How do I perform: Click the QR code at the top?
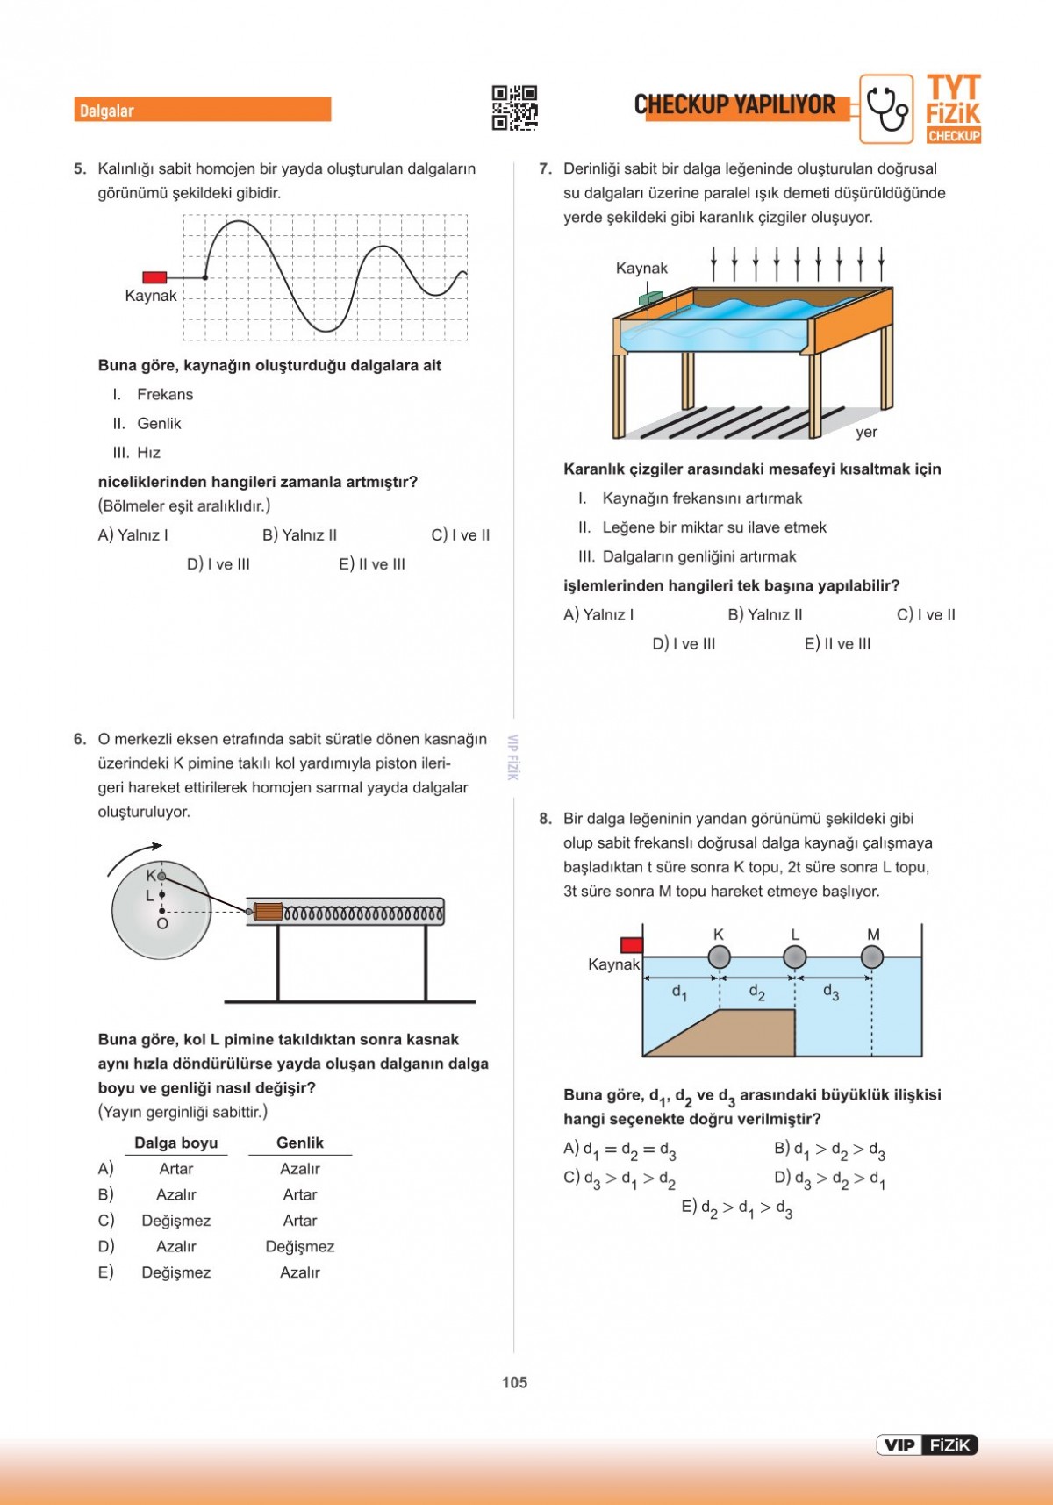pyautogui.click(x=514, y=108)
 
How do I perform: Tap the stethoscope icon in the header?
pyautogui.click(x=886, y=109)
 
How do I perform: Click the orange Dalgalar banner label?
pyautogui.click(x=202, y=110)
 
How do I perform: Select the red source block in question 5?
pyautogui.click(x=154, y=277)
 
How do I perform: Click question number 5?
pyautogui.click(x=80, y=168)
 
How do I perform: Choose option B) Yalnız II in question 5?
pyautogui.click(x=299, y=534)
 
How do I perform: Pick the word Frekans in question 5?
pyautogui.click(x=165, y=394)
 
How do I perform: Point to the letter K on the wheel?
pyautogui.click(x=151, y=875)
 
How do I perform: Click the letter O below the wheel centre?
pyautogui.click(x=162, y=924)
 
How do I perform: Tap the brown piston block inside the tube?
pyautogui.click(x=268, y=912)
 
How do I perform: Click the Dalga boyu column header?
pyautogui.click(x=175, y=1143)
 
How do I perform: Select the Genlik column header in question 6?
pyautogui.click(x=300, y=1143)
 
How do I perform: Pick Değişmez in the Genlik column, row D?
pyautogui.click(x=300, y=1246)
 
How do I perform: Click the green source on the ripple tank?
pyautogui.click(x=650, y=299)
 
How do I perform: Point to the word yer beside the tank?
pyautogui.click(x=866, y=432)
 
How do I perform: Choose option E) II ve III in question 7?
pyautogui.click(x=837, y=643)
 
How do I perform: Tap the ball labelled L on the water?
pyautogui.click(x=795, y=957)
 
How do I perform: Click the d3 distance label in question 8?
pyautogui.click(x=831, y=992)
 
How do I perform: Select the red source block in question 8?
pyautogui.click(x=632, y=945)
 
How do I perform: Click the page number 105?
pyautogui.click(x=514, y=1382)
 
